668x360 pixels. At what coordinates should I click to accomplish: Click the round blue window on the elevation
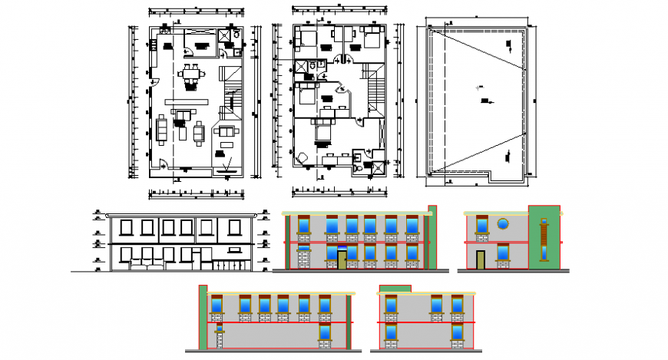(504, 224)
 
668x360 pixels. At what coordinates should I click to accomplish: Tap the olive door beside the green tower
(481, 260)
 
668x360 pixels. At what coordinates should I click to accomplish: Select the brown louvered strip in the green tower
(544, 239)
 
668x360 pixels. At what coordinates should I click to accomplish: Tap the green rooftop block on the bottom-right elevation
(395, 289)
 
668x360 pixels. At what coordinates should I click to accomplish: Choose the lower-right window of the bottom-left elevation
(325, 332)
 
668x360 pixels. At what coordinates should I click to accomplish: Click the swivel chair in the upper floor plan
(301, 158)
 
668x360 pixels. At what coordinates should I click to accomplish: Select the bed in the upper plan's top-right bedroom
(371, 38)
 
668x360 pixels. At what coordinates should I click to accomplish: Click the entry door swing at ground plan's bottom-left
(164, 163)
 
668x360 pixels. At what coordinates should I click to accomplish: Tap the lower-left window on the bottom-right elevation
(393, 332)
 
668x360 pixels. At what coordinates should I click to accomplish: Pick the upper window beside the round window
(482, 224)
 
